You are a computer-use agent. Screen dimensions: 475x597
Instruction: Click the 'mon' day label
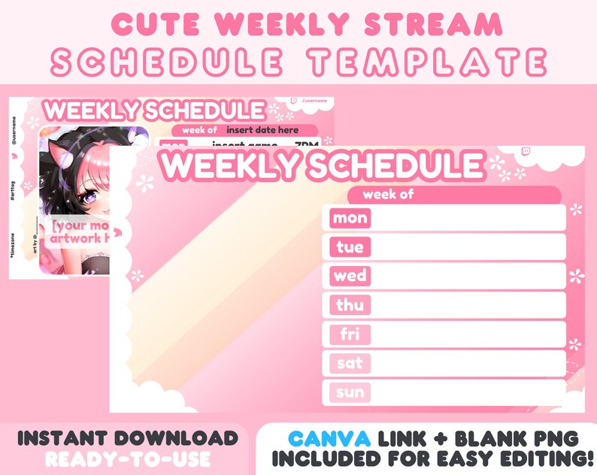pos(350,219)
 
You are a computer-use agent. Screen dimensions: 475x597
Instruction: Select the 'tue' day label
pos(350,247)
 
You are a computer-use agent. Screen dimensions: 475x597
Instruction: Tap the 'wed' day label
pos(350,276)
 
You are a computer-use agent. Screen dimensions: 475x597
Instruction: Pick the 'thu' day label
pos(350,305)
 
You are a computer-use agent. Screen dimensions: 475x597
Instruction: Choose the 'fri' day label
pos(350,334)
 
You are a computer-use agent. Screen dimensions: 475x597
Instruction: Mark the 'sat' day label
pos(350,364)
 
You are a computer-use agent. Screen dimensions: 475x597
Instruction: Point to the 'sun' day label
pos(350,392)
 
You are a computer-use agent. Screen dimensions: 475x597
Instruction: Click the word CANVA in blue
pos(329,438)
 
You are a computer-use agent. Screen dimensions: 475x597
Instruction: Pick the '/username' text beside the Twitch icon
pos(314,101)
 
